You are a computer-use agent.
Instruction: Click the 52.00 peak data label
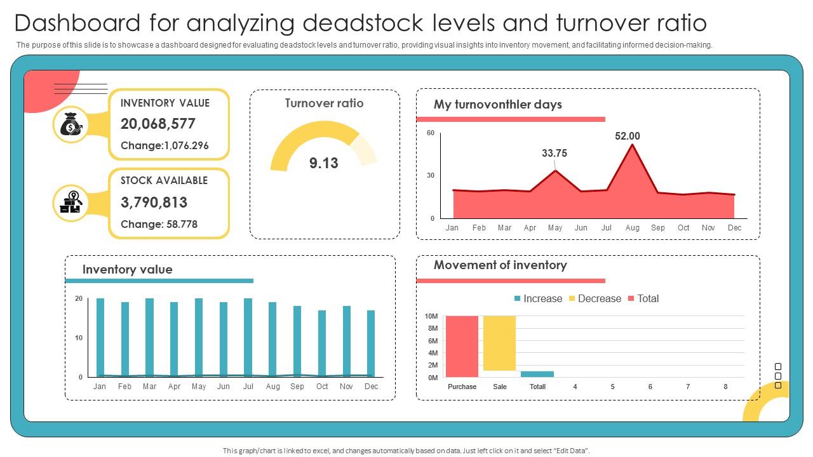627,136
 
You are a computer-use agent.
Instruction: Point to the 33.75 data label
554,153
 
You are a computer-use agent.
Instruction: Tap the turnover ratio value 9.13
324,163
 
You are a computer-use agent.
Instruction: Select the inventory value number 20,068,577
158,124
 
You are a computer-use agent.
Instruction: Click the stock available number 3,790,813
154,202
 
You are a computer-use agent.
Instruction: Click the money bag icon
71,124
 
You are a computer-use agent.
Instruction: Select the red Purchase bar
462,346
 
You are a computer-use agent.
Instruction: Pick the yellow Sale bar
499,343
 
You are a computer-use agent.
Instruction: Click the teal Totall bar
537,374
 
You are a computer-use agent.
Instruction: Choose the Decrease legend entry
595,298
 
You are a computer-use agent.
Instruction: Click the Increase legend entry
538,298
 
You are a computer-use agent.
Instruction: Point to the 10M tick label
431,316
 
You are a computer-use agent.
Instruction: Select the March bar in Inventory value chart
149,337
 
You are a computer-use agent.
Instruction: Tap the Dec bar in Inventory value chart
371,343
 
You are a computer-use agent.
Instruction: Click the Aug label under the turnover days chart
632,227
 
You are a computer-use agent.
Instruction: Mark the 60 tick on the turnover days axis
431,133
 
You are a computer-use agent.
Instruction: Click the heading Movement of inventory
500,265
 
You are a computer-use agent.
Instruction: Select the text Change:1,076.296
165,145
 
